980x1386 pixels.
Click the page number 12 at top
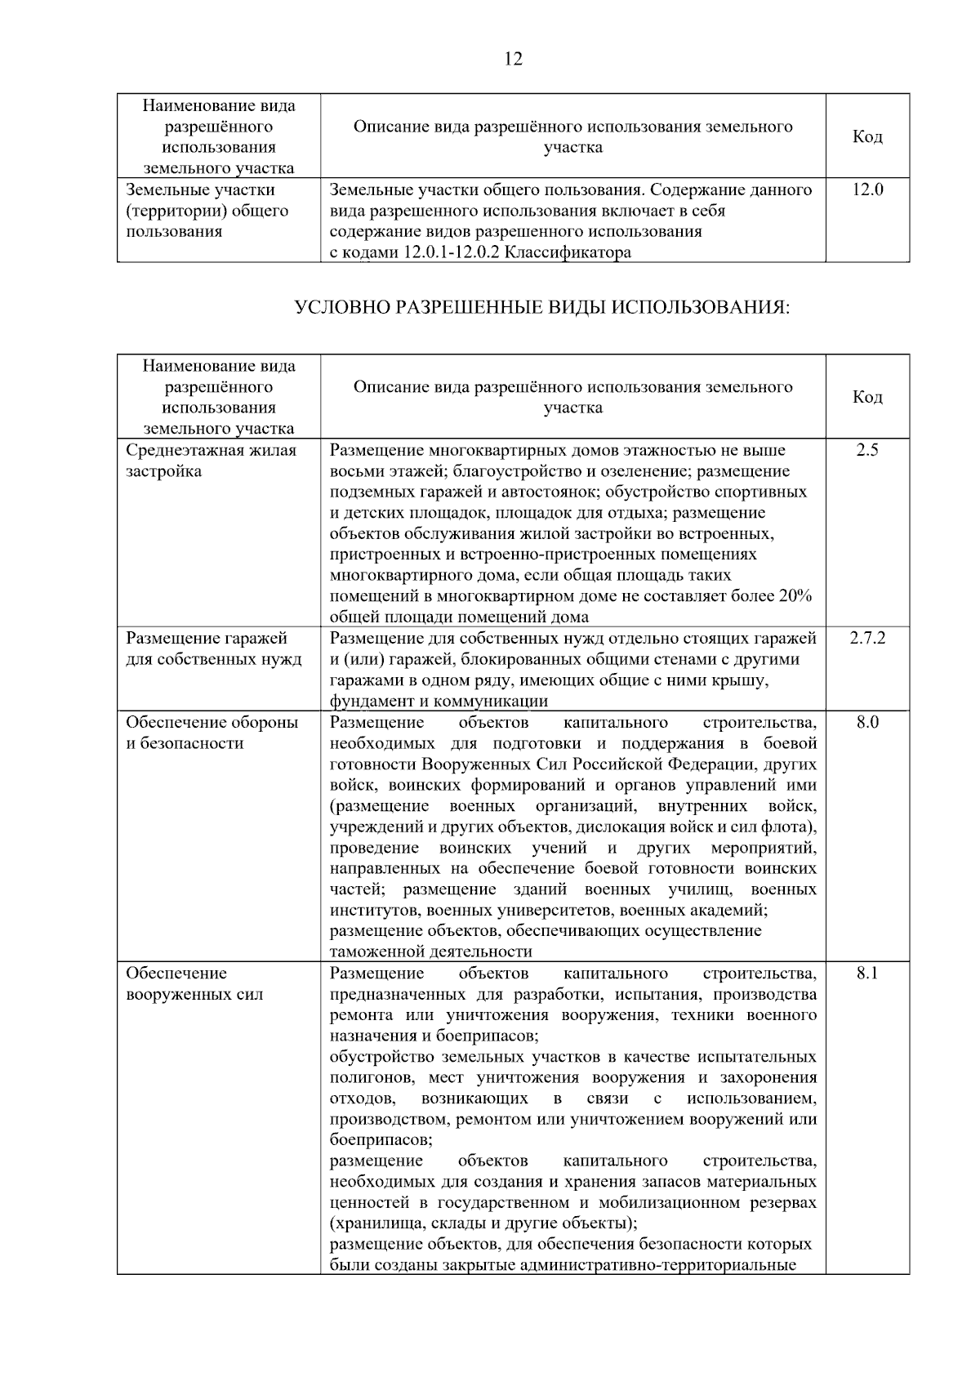click(514, 59)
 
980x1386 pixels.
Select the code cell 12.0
click(867, 190)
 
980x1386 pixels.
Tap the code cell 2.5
click(867, 450)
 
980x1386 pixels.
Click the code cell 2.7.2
click(867, 638)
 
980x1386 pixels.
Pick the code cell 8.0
click(867, 723)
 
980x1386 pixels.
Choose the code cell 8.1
click(867, 974)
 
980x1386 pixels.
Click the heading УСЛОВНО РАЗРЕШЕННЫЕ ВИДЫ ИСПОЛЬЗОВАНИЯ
click(541, 308)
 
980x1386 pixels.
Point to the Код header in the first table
click(867, 137)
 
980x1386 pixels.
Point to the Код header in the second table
click(867, 398)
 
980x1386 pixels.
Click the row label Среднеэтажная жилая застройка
click(211, 461)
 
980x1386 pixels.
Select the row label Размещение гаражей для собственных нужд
click(213, 648)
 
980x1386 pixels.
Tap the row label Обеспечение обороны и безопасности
click(212, 733)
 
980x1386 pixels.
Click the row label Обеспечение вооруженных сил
click(194, 983)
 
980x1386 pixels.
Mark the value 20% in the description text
click(795, 596)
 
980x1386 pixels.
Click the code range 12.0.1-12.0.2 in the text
click(452, 252)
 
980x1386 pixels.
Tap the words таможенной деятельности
click(430, 951)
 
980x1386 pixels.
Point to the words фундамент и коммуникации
click(439, 702)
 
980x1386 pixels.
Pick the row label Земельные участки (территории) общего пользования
click(207, 211)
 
